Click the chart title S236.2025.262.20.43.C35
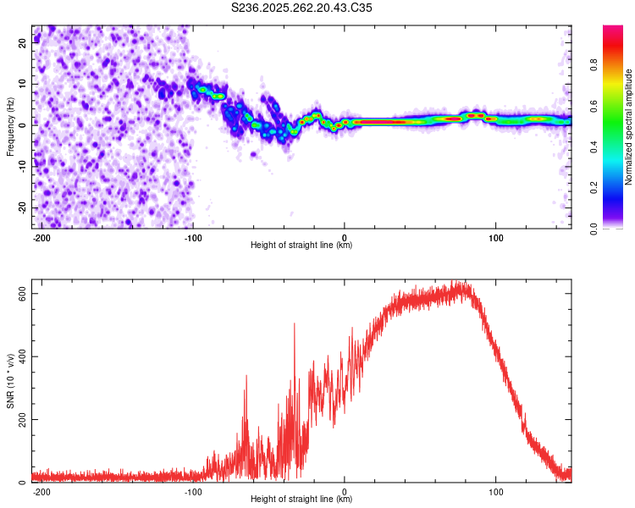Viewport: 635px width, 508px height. pos(302,8)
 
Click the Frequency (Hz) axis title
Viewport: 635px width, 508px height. pos(11,126)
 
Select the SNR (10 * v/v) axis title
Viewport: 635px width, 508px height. pos(11,382)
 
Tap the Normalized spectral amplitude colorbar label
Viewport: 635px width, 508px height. pos(628,126)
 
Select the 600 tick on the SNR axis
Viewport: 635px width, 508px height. pos(25,294)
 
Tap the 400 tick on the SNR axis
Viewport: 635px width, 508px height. pos(25,356)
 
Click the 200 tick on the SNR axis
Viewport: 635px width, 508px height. pos(25,420)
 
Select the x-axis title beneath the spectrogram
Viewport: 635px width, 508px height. pos(301,246)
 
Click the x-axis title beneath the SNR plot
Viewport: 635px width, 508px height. pos(301,500)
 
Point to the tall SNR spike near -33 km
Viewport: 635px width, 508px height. pos(295,325)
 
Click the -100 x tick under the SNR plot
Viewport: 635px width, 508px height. pos(193,491)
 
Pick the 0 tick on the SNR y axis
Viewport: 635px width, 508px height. pos(25,483)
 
